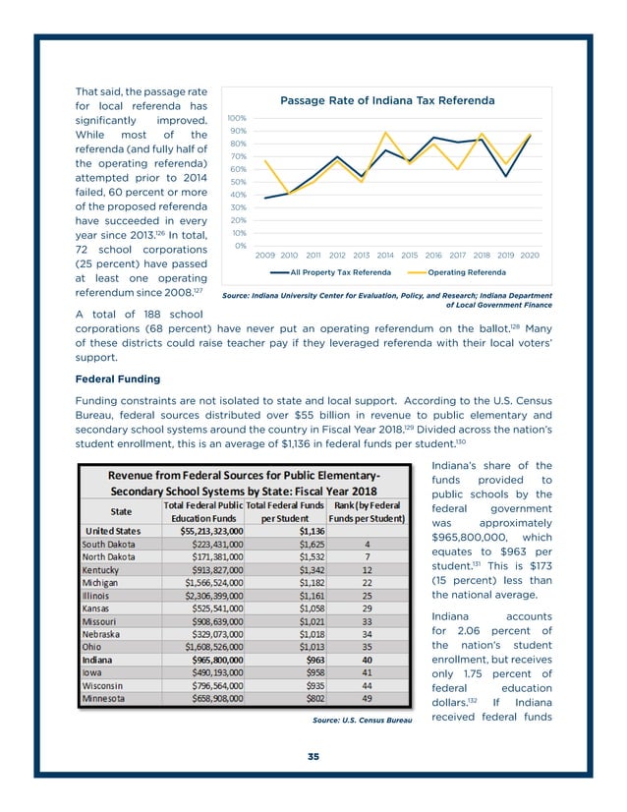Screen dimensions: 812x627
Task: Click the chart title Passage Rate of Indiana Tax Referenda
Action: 387,100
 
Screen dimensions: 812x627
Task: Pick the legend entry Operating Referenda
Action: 467,272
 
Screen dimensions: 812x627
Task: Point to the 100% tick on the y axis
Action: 237,117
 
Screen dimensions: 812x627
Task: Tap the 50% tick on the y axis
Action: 239,182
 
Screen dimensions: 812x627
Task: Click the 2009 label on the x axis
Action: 265,255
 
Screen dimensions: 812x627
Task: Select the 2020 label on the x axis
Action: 530,255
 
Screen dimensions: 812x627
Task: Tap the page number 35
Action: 313,756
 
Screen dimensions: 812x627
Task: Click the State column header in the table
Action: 122,511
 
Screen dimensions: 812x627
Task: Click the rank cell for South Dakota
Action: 367,543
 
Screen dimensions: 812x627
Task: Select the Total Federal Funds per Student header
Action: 284,511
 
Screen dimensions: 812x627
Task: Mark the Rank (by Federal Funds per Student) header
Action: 366,511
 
